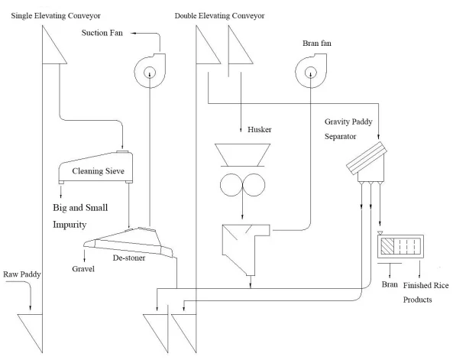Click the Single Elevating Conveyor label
click(56, 15)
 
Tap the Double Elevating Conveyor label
click(219, 15)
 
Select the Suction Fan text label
click(102, 33)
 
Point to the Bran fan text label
click(317, 43)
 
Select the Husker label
click(260, 129)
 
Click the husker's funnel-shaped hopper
click(242, 154)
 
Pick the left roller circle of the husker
click(231, 185)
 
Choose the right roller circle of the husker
click(254, 185)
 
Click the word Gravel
click(83, 269)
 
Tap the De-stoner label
click(129, 258)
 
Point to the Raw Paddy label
click(22, 274)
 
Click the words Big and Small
click(80, 208)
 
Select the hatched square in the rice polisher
click(387, 246)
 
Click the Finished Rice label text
click(425, 285)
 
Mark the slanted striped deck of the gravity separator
click(367, 158)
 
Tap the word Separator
click(341, 137)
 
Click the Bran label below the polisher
click(390, 284)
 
